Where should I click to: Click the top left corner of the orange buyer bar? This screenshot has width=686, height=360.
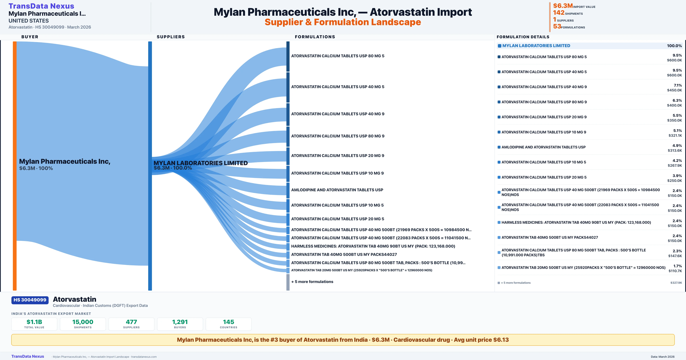[13, 42]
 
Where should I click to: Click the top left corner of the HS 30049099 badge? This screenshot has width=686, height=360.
[11, 296]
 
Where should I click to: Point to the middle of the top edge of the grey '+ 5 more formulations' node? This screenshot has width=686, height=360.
[288, 274]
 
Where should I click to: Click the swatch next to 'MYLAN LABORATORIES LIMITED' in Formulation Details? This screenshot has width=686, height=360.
[500, 46]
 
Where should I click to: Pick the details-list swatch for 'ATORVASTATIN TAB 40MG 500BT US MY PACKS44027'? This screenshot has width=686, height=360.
[499, 238]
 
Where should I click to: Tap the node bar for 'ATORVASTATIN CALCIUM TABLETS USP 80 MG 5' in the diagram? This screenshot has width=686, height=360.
[288, 56]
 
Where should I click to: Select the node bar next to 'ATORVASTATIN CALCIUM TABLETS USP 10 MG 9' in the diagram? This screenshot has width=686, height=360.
[288, 174]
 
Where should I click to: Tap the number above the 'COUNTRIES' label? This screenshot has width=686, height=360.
[229, 322]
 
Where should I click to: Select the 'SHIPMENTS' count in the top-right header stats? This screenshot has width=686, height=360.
[559, 13]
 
